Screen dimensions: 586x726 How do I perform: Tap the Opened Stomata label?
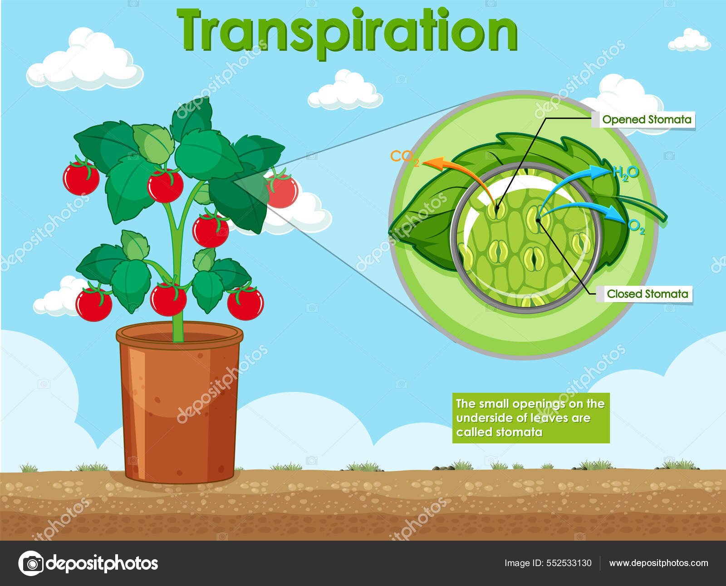pos(647,120)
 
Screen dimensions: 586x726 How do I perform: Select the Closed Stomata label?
pos(647,294)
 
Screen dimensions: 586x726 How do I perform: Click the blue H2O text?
pos(626,173)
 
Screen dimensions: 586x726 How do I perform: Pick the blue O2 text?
pos(637,227)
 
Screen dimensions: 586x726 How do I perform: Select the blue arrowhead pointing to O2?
pos(617,212)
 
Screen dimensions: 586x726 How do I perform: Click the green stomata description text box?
pos(530,418)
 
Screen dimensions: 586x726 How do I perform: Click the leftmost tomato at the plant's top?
pos(81,178)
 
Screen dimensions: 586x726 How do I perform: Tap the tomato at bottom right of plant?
pos(245,303)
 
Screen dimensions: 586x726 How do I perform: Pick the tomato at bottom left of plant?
pos(93,304)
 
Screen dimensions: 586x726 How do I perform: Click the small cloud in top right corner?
pos(689,41)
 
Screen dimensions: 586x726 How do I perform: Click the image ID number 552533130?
pos(569,563)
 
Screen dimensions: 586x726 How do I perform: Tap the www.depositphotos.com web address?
pos(658,563)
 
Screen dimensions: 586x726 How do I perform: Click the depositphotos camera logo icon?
pos(31,563)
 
